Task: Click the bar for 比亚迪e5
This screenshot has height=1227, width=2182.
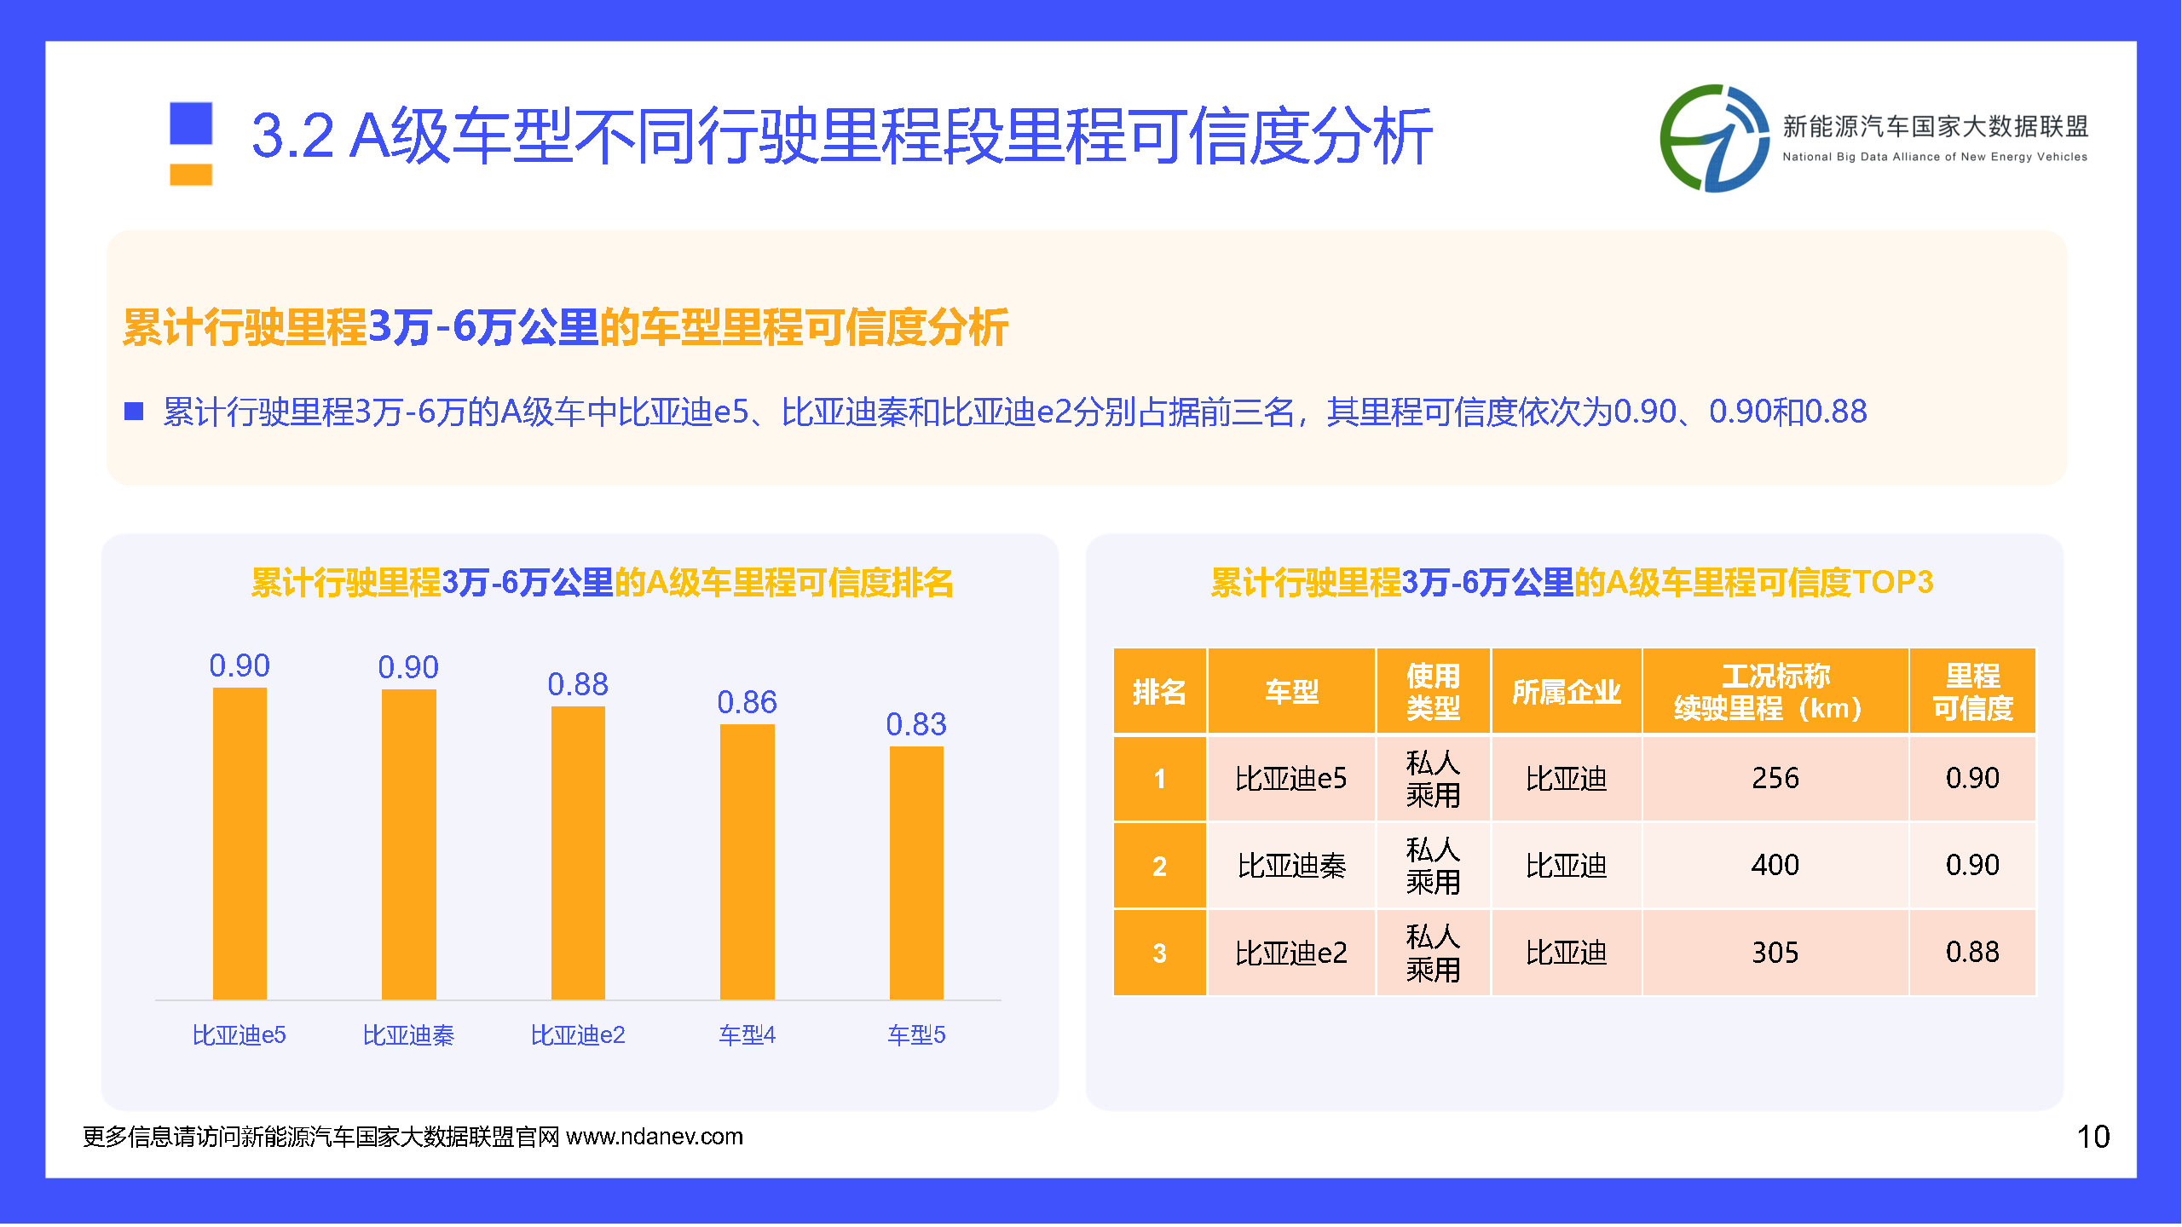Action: [x=240, y=843]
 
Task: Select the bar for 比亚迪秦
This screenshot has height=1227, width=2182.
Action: [x=408, y=844]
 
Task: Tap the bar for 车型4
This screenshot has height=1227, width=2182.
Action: [x=747, y=861]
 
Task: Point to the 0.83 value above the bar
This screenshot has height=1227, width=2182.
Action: [x=916, y=724]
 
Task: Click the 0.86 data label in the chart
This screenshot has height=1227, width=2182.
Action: [x=747, y=702]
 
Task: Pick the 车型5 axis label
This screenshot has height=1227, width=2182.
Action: [x=916, y=1034]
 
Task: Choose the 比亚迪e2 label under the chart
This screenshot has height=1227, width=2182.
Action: [x=578, y=1034]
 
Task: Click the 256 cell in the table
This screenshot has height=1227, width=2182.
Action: [x=1775, y=778]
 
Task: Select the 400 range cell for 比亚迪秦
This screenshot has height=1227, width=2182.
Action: [x=1775, y=865]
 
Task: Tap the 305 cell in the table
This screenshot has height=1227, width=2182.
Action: [x=1775, y=952]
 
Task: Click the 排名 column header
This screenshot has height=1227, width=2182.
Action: [x=1159, y=691]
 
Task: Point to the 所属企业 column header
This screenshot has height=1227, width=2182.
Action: [x=1566, y=691]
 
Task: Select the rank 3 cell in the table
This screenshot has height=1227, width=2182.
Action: [x=1159, y=952]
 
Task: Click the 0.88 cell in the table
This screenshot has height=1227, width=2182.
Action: [x=1972, y=952]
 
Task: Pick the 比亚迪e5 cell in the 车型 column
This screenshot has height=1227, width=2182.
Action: [x=1291, y=778]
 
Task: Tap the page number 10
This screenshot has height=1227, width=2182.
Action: [x=2093, y=1137]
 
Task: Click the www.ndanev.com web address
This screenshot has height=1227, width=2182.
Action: [x=655, y=1137]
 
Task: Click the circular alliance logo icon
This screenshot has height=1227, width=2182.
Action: [x=1714, y=138]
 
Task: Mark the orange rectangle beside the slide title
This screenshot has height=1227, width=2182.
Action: [x=191, y=174]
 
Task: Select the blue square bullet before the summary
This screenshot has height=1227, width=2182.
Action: [x=134, y=412]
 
